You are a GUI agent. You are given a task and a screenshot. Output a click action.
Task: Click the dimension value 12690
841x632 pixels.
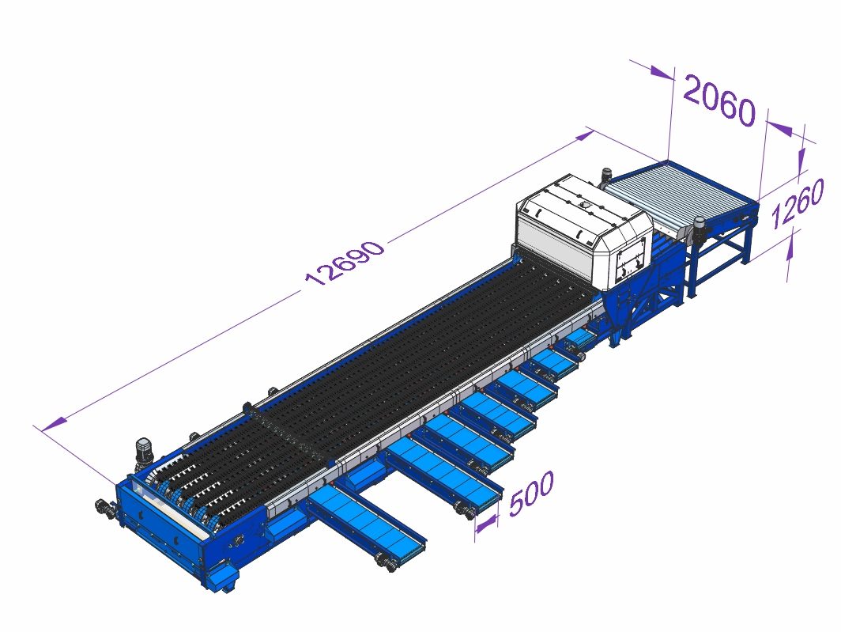click(345, 263)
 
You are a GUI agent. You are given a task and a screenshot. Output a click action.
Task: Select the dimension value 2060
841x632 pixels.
click(718, 101)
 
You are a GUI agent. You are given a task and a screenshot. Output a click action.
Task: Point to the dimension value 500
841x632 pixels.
click(531, 493)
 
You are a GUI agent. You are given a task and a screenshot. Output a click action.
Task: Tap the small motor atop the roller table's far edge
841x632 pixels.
click(606, 176)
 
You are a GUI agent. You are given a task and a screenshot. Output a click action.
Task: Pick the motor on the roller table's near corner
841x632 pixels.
click(699, 229)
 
